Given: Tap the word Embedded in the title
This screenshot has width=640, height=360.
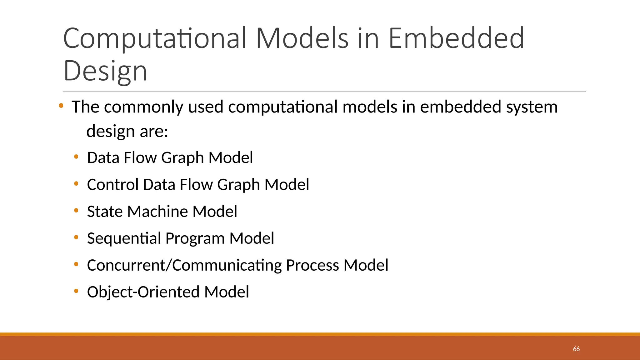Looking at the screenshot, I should tap(456, 38).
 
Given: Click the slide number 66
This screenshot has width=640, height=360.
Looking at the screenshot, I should tap(576, 349).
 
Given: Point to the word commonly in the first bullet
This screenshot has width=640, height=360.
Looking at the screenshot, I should tap(143, 107).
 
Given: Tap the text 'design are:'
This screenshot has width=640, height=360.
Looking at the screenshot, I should tap(127, 131).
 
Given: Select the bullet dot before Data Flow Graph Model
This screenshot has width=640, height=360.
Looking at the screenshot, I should tap(76, 157).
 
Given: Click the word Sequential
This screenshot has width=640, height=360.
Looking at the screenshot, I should tap(124, 238).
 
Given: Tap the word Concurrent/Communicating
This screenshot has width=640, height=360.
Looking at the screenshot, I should tap(184, 265).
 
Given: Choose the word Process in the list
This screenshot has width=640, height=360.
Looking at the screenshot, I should tap(312, 265).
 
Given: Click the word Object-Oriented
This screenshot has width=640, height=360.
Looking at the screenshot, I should tap(143, 292).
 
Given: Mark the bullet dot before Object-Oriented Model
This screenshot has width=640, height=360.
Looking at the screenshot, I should tap(76, 291).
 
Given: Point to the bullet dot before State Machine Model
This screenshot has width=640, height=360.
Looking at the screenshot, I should tap(76, 211).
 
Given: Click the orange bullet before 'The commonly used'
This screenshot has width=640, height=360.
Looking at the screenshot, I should tap(61, 106).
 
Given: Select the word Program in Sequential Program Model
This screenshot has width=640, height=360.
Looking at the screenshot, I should tap(195, 238).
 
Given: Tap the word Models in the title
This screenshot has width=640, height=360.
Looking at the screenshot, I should tap(302, 38).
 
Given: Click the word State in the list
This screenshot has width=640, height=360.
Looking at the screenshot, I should tap(105, 211).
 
